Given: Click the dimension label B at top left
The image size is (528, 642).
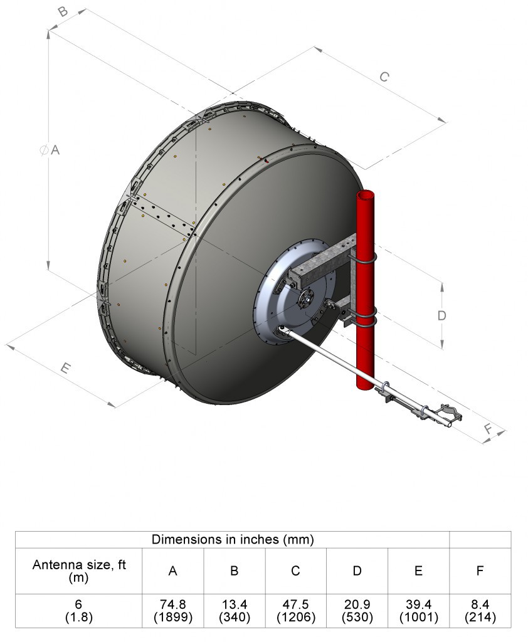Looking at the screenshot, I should (x=63, y=12).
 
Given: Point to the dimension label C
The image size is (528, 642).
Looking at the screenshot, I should (x=384, y=77).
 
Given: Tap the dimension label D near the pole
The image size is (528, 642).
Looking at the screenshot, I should (x=441, y=315).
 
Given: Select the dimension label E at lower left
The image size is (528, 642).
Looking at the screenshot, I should (x=65, y=369).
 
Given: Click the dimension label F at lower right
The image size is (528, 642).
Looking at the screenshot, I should (x=488, y=429).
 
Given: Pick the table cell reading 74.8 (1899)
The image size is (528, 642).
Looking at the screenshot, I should (x=172, y=611).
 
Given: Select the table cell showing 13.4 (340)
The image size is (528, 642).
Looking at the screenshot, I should (x=234, y=611).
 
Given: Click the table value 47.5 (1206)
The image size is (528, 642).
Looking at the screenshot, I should (x=295, y=611).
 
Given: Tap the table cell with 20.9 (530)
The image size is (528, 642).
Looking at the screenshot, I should (x=357, y=611).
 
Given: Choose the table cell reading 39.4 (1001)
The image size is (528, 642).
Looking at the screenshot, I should (x=418, y=611).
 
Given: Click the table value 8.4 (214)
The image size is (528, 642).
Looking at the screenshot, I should (x=480, y=611).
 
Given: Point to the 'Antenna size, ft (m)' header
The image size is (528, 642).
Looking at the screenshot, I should (x=79, y=571).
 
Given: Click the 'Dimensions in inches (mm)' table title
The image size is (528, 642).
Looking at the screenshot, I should (x=233, y=539).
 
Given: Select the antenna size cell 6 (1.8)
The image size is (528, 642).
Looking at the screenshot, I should (x=79, y=611).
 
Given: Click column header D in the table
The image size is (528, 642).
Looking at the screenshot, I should (x=357, y=571).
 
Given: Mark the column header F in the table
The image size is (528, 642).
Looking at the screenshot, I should (x=480, y=571).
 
